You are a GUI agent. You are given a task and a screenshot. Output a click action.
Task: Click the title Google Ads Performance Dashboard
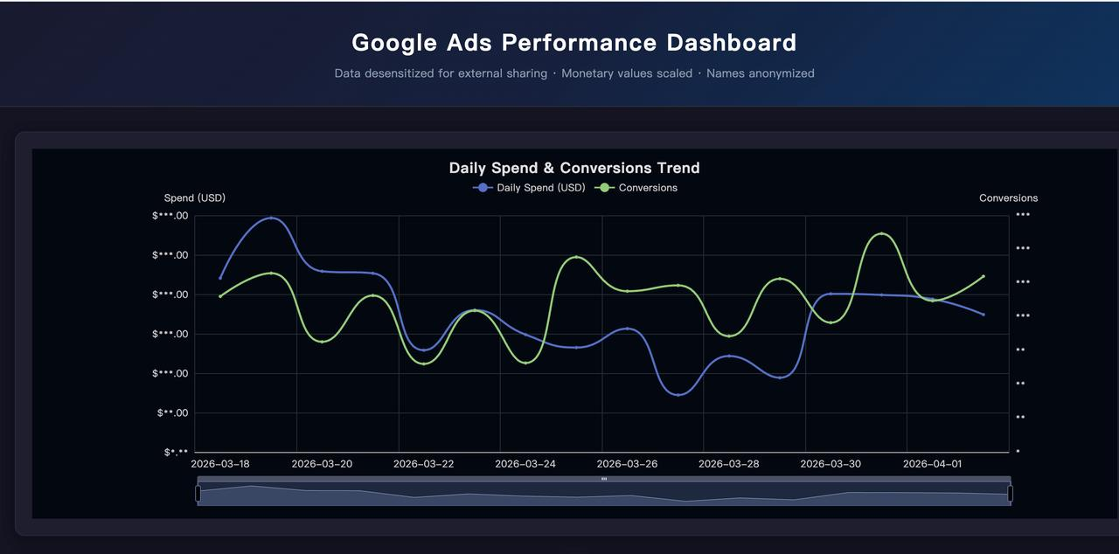point(573,42)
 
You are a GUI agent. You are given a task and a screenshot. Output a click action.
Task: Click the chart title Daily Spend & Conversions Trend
point(573,168)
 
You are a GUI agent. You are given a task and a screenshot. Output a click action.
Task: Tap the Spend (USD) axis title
point(194,198)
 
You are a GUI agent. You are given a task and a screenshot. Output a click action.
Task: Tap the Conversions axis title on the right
point(1008,198)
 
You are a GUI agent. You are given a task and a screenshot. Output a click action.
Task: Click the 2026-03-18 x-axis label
point(219,464)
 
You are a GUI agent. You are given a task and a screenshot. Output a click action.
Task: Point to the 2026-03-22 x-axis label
point(423,464)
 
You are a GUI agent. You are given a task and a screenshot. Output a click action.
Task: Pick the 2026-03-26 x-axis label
point(627,464)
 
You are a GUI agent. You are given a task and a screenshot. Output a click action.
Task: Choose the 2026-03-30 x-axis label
point(830,464)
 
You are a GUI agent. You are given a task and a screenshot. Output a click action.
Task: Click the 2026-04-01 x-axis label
point(932,464)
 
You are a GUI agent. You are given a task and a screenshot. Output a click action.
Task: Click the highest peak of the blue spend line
point(271,218)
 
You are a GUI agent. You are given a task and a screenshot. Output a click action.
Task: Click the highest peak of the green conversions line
point(881,233)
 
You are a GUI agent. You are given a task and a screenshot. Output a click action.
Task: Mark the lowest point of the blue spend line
point(678,395)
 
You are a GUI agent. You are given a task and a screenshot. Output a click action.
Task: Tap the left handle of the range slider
point(198,494)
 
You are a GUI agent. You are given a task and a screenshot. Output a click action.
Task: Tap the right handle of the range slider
point(1011,494)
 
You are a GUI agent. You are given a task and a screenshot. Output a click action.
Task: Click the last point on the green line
point(983,276)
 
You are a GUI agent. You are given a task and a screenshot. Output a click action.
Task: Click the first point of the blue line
point(220,278)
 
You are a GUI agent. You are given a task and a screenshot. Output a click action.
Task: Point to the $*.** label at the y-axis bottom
point(176,453)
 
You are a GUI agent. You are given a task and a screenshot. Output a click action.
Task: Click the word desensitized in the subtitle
point(397,73)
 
